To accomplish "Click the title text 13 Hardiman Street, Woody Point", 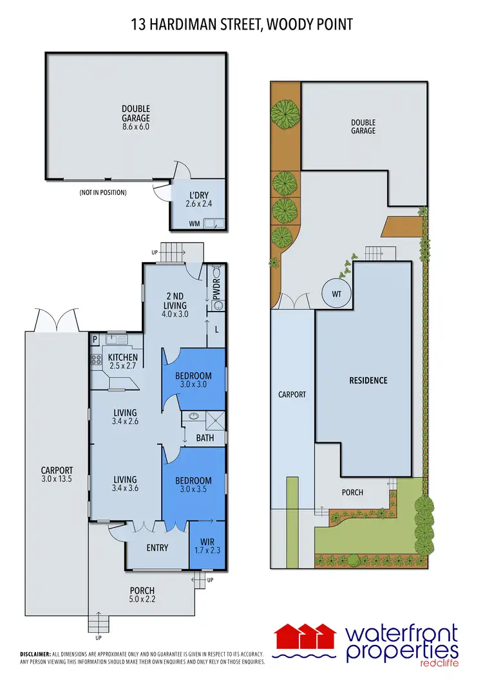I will pos(241,24).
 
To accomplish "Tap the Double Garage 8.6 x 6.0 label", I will pos(136,118).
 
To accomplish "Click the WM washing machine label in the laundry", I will pos(194,224).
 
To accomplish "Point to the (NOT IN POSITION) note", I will pos(103,192).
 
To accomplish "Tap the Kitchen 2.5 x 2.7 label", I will pos(122,361).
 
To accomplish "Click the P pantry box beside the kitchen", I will pos(95,339).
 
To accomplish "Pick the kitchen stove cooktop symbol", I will pos(98,360).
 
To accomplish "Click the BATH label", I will pos(205,436).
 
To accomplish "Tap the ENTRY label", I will pos(157,548).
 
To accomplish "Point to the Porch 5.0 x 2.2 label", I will pos(142,594).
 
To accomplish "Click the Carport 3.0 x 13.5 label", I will pos(57,474).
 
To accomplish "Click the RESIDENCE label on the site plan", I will pos(368,380).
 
